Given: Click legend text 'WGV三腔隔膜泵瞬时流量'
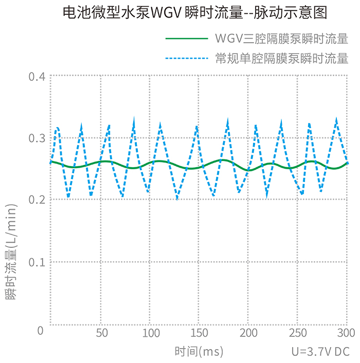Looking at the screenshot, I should tap(282, 39).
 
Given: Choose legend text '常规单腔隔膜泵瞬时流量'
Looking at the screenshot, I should tap(282, 58).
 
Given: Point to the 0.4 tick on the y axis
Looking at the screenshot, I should tap(37, 77).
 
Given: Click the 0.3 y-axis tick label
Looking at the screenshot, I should tap(37, 138).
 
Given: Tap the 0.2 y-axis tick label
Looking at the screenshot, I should tap(37, 199).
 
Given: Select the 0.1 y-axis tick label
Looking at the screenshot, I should tap(37, 262).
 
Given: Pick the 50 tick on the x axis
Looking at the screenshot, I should tap(102, 333).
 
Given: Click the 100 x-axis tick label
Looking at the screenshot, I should tap(151, 333).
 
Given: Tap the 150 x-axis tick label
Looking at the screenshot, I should tap(200, 333).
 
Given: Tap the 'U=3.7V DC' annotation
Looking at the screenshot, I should tap(320, 352).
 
